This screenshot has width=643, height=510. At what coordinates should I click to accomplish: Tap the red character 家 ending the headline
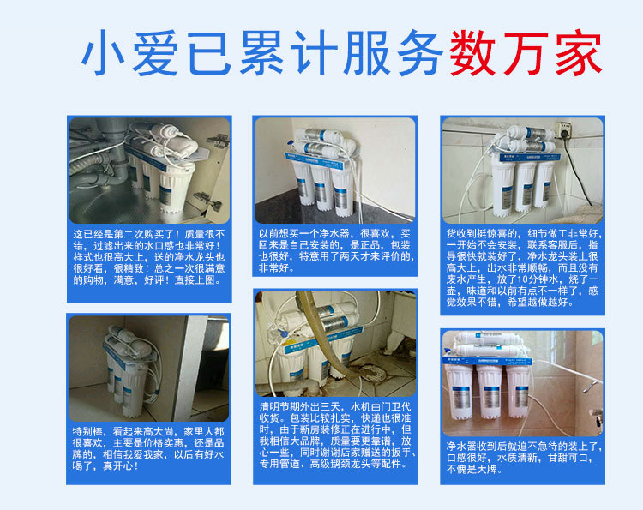(x=575, y=53)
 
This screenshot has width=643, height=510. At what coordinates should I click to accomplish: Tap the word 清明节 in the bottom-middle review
(x=275, y=405)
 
